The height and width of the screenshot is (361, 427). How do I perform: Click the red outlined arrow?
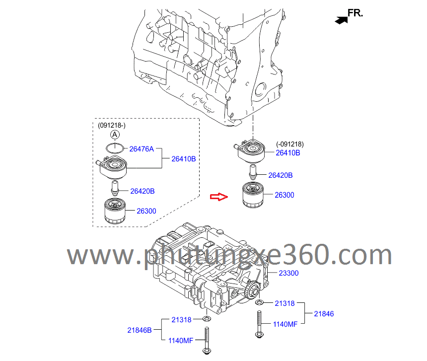click(x=218, y=197)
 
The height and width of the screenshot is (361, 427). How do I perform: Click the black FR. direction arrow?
click(x=342, y=20)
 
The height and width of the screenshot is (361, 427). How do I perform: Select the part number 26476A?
click(x=142, y=149)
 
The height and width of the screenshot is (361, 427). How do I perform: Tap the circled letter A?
click(x=115, y=135)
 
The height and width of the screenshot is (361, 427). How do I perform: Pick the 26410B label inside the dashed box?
click(x=184, y=159)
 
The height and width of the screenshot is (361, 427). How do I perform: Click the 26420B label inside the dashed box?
click(x=142, y=191)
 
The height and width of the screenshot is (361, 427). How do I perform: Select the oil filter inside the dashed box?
click(x=115, y=211)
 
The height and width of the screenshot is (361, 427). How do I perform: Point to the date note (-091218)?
click(x=290, y=144)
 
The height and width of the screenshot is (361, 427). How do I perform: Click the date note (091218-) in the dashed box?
click(x=112, y=125)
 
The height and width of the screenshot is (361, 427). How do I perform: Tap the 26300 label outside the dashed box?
click(x=285, y=195)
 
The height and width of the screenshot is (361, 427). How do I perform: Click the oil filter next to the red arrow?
click(x=253, y=195)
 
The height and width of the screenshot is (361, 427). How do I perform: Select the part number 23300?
click(x=288, y=273)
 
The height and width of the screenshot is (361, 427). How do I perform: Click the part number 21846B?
click(x=140, y=330)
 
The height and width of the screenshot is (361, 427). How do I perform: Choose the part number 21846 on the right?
click(x=324, y=314)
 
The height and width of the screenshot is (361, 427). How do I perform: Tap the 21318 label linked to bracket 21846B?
click(x=181, y=320)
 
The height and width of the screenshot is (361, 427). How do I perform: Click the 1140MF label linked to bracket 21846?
click(x=285, y=324)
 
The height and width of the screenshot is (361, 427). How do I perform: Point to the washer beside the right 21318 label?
click(x=259, y=302)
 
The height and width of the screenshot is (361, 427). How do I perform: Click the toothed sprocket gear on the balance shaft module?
click(x=253, y=290)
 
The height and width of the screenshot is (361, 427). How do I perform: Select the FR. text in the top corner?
click(x=356, y=13)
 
